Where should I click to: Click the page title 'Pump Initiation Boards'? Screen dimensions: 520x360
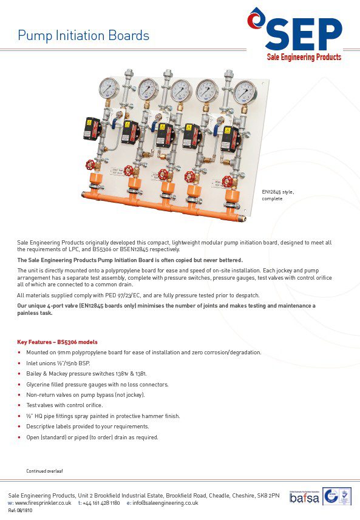click(x=83, y=36)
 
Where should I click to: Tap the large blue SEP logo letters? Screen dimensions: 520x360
click(x=304, y=35)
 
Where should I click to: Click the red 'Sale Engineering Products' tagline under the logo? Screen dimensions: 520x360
click(x=304, y=58)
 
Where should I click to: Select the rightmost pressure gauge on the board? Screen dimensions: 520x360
click(x=244, y=92)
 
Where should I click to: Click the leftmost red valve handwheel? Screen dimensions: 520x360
click(x=91, y=164)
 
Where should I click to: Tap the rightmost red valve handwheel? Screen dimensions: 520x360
click(x=227, y=181)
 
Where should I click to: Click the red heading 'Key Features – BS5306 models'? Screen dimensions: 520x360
click(x=56, y=342)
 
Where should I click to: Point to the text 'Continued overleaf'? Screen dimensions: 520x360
click(x=44, y=471)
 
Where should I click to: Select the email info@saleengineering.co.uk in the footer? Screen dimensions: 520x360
click(x=166, y=503)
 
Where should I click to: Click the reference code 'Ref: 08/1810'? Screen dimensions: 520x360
click(x=20, y=511)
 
